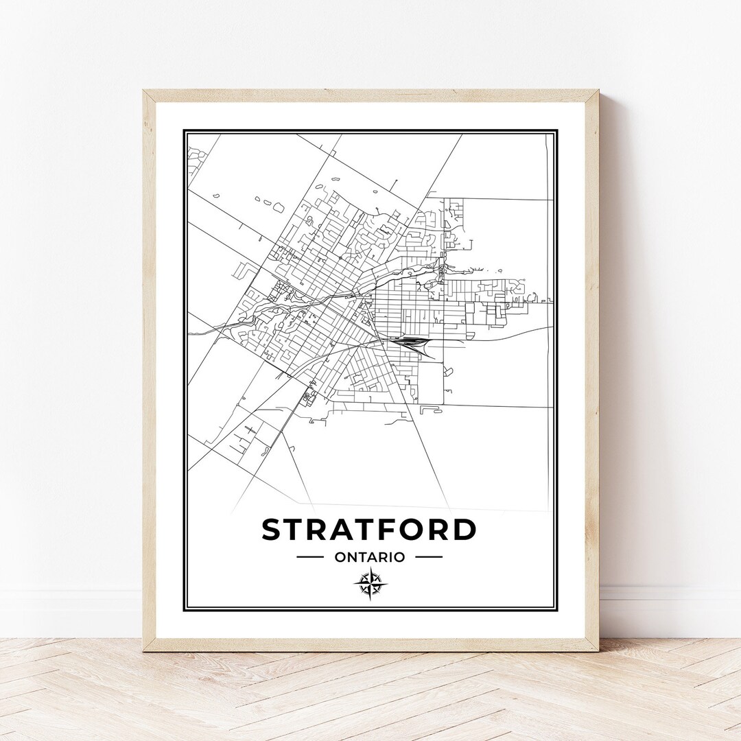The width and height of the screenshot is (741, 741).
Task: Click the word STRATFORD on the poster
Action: pyautogui.click(x=368, y=530)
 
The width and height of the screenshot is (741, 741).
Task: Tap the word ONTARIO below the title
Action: pyautogui.click(x=370, y=557)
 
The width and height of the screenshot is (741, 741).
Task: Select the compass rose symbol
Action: pyautogui.click(x=370, y=585)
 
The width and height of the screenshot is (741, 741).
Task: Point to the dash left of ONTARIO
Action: pyautogui.click(x=310, y=557)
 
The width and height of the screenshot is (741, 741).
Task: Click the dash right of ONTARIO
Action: pyautogui.click(x=429, y=557)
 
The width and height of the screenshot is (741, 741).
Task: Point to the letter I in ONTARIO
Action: pyautogui.click(x=389, y=557)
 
